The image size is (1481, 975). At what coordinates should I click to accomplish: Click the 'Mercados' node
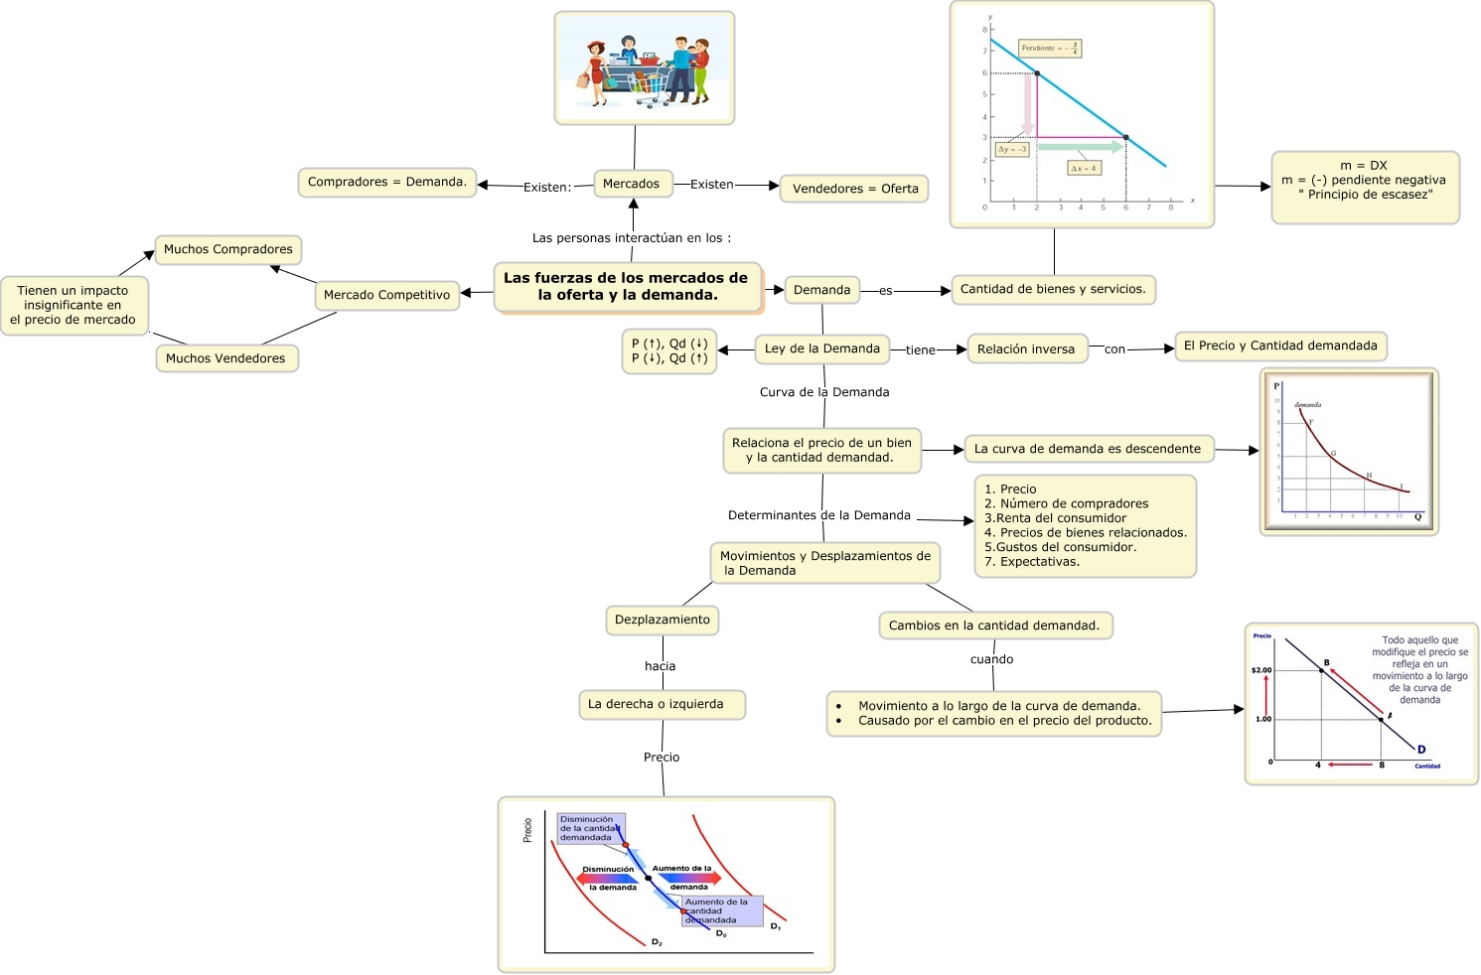pos(631,184)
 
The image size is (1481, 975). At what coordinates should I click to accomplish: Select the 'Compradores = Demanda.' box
pos(386,182)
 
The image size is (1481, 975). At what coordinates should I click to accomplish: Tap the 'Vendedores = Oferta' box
pos(854,189)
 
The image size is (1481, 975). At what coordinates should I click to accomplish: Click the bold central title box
pos(627,287)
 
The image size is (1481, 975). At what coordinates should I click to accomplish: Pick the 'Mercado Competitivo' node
pos(386,295)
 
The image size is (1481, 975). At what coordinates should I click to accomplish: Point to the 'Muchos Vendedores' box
pos(225,358)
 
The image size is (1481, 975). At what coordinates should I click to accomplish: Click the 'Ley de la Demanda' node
pos(821,348)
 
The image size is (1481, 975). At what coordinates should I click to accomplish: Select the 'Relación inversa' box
pos(1025,349)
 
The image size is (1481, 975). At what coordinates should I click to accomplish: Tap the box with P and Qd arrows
pos(669,351)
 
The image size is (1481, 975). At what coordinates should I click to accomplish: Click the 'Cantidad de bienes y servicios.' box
pos(1053,289)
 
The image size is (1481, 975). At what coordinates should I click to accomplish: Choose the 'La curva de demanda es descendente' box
pos(1088,449)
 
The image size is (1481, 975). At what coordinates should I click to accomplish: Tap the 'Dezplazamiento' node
pos(663,620)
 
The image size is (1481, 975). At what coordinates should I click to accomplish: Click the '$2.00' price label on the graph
pos(1260,670)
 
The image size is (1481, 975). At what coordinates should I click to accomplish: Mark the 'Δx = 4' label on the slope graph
pos(1083,168)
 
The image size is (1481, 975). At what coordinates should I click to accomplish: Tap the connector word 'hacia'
pos(660,666)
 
